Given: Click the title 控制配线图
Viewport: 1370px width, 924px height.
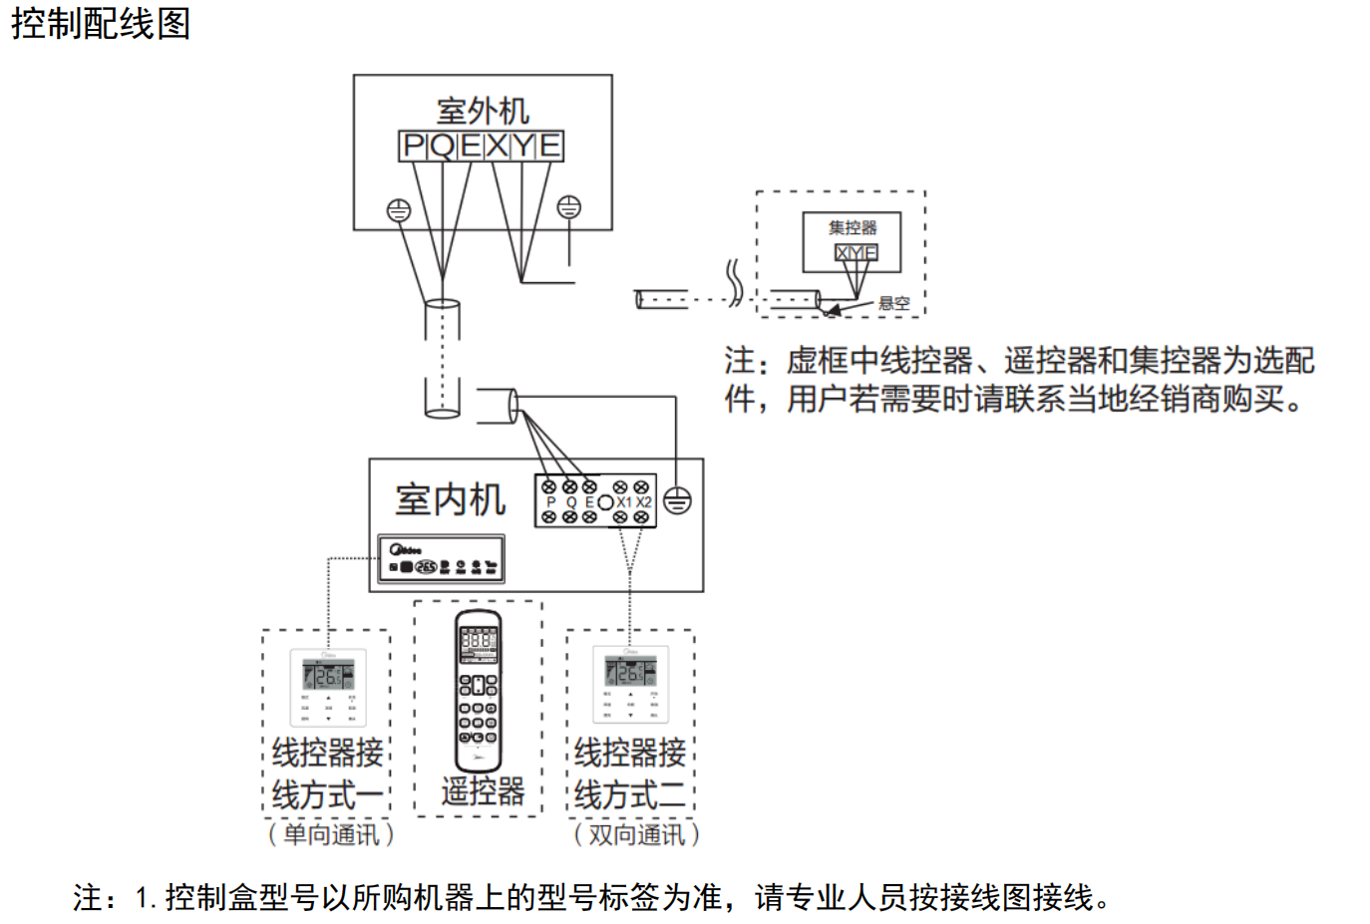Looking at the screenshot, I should [100, 23].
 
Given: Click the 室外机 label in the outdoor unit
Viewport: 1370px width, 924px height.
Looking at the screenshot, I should [483, 110].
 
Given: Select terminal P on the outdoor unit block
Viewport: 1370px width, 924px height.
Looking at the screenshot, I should [413, 147].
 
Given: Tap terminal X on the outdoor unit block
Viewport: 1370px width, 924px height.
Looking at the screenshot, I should [497, 147].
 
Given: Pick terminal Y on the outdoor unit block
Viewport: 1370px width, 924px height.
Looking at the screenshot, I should [523, 147].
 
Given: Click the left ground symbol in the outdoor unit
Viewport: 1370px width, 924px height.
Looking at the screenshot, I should [398, 210].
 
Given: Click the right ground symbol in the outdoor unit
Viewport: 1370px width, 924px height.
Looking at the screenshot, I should [568, 207].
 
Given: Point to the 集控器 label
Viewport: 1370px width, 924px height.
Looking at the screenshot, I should [853, 227].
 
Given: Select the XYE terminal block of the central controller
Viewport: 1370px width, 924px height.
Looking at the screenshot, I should [856, 253].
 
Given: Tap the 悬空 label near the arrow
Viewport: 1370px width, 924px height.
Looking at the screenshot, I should [893, 303].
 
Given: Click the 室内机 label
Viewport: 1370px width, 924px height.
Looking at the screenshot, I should [450, 499].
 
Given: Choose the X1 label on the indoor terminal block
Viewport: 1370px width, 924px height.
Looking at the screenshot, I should [624, 502].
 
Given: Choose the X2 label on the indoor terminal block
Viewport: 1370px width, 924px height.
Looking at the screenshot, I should [644, 502].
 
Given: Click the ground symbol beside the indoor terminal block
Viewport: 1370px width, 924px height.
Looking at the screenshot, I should [677, 500].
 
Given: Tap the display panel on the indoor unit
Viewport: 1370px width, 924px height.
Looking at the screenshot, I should [441, 559].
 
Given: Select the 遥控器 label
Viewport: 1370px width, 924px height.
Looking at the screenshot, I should [483, 791].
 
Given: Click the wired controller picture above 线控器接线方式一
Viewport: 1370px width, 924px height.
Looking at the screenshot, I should [328, 687].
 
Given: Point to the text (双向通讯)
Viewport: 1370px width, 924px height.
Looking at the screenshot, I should [636, 834].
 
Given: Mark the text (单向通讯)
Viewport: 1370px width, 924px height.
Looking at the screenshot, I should [330, 834].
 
